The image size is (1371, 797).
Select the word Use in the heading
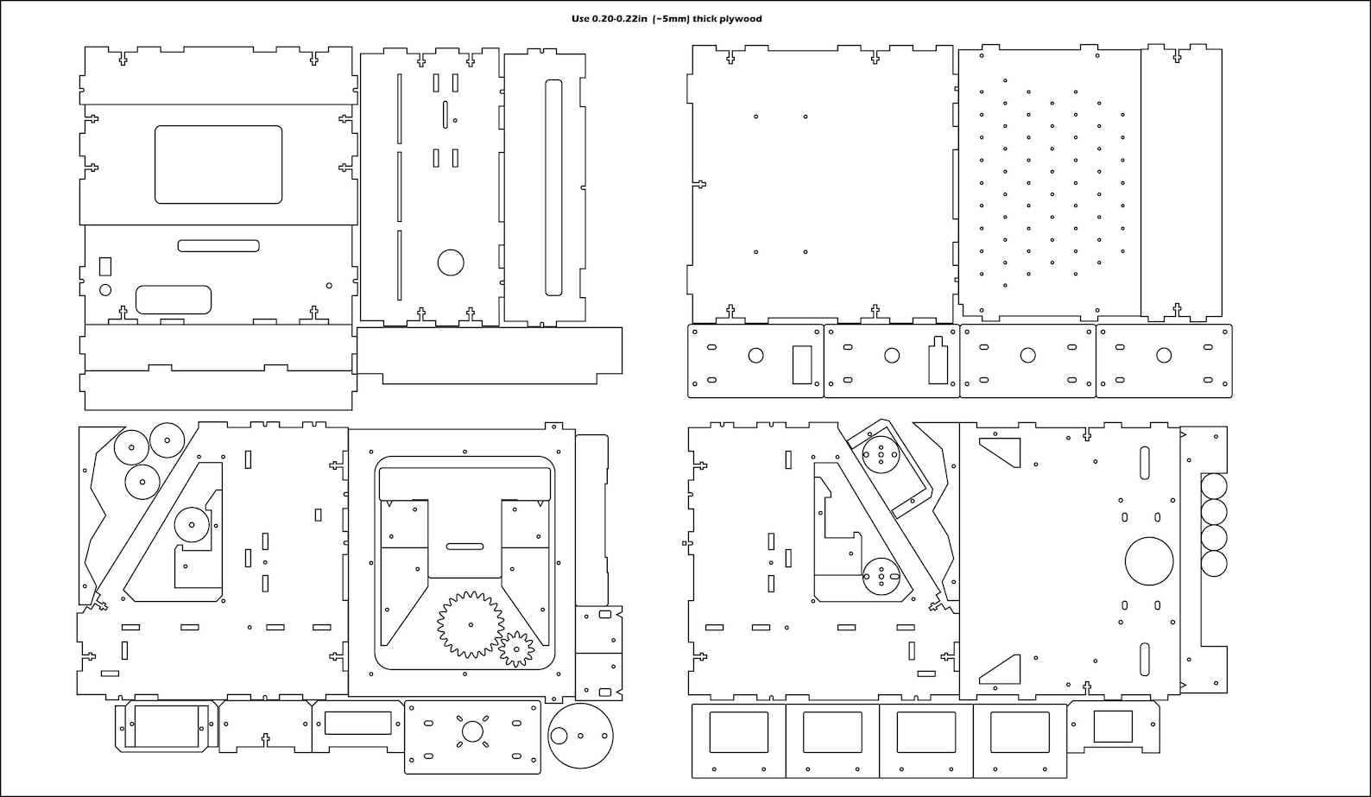click(x=580, y=19)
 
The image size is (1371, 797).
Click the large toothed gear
click(x=471, y=624)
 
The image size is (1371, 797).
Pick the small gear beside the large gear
click(x=516, y=648)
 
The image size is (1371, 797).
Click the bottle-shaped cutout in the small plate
click(x=938, y=360)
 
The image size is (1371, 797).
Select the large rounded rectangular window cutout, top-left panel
click(x=218, y=165)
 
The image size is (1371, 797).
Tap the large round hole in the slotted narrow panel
click(x=451, y=263)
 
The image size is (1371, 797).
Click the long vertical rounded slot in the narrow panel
click(x=553, y=187)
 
